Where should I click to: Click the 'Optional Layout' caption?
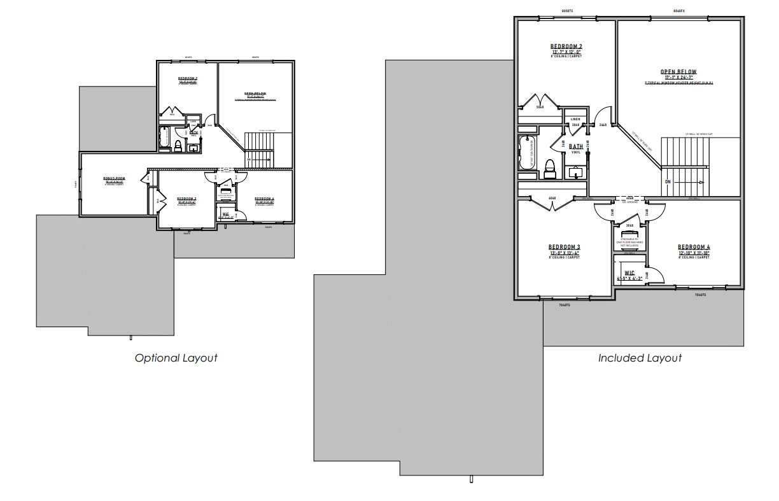(x=176, y=358)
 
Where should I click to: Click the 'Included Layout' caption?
(x=640, y=358)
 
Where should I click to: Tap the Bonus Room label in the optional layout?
(x=115, y=179)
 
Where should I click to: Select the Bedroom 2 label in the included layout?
(x=566, y=46)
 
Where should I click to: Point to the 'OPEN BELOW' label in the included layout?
(x=678, y=72)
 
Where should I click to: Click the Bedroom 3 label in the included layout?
(x=564, y=247)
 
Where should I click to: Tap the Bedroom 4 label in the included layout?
(x=693, y=247)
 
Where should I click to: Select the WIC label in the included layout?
(x=629, y=273)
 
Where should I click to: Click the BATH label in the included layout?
(x=575, y=146)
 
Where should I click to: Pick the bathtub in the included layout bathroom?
(x=526, y=153)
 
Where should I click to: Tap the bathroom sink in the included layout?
(x=577, y=173)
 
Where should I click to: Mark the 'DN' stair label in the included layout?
(x=668, y=182)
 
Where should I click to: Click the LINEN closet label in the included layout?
(x=575, y=119)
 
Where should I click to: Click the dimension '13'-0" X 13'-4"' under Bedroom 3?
(x=564, y=253)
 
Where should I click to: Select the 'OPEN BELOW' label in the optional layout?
(x=255, y=94)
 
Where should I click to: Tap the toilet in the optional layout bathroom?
(x=179, y=147)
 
